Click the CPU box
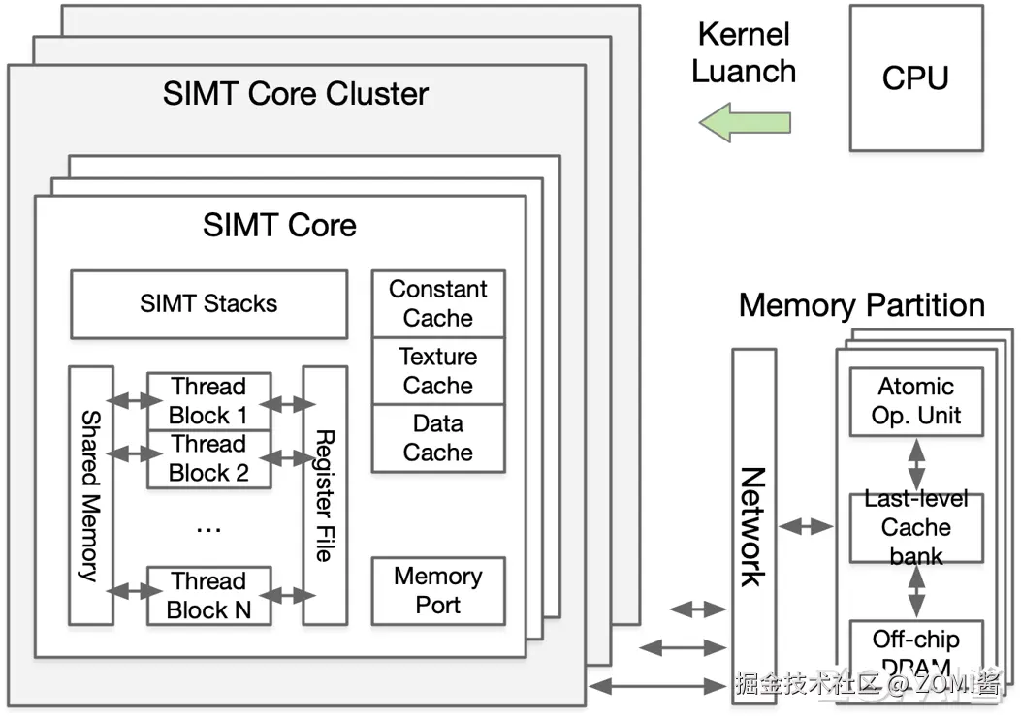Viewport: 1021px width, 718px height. [914, 78]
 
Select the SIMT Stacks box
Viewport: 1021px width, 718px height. [208, 304]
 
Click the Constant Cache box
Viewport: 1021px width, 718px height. [438, 303]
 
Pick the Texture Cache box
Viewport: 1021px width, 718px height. [438, 371]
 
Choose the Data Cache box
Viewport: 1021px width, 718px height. [438, 438]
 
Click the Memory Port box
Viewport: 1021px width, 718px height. [438, 591]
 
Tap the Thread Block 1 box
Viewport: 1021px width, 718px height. [208, 401]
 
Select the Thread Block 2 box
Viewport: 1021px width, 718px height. [208, 459]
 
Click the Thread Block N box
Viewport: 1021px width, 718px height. [208, 595]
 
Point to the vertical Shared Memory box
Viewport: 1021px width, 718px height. [91, 495]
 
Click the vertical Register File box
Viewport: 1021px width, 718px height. [325, 495]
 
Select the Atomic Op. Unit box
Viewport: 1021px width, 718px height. [916, 401]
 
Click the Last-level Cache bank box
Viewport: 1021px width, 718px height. [916, 528]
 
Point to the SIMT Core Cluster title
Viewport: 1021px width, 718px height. [296, 94]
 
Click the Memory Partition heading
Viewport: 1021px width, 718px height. [861, 305]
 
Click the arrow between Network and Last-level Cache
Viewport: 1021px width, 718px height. [807, 526]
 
